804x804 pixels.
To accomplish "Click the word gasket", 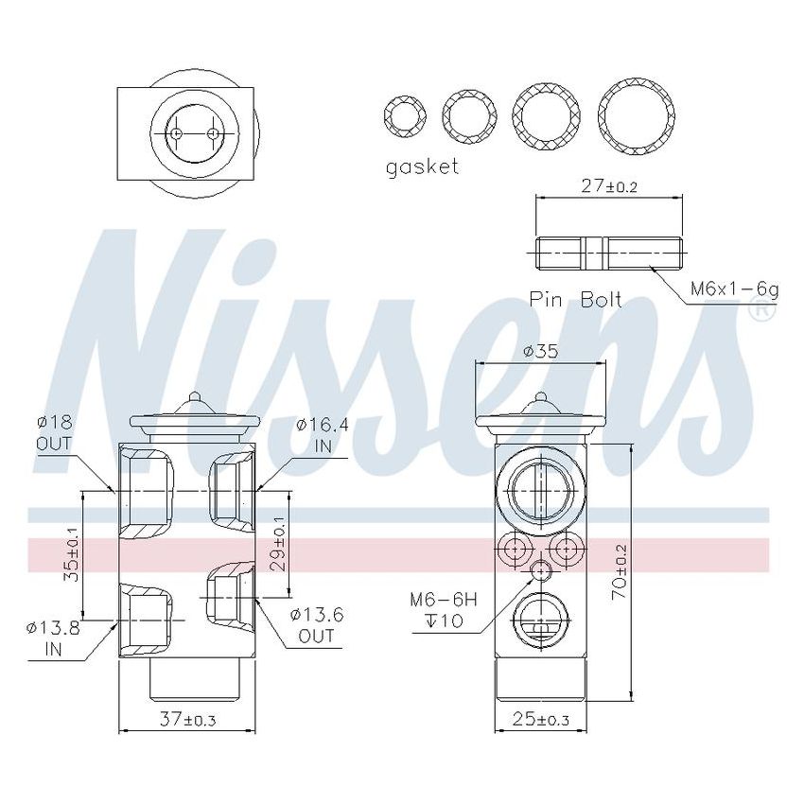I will (422, 166).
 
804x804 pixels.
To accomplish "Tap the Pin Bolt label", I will (575, 300).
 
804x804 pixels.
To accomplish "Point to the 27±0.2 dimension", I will (609, 186).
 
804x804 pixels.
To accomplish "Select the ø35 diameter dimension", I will (540, 351).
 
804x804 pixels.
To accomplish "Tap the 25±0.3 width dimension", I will (540, 720).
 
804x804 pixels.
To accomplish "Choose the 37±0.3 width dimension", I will (186, 720).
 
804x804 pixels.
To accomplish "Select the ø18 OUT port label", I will (54, 432).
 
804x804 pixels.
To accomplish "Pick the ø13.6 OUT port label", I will (317, 625).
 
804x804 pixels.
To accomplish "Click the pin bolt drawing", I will (608, 253).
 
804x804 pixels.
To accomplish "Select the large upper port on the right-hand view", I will (540, 488).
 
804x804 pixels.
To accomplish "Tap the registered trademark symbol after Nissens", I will (760, 308).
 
